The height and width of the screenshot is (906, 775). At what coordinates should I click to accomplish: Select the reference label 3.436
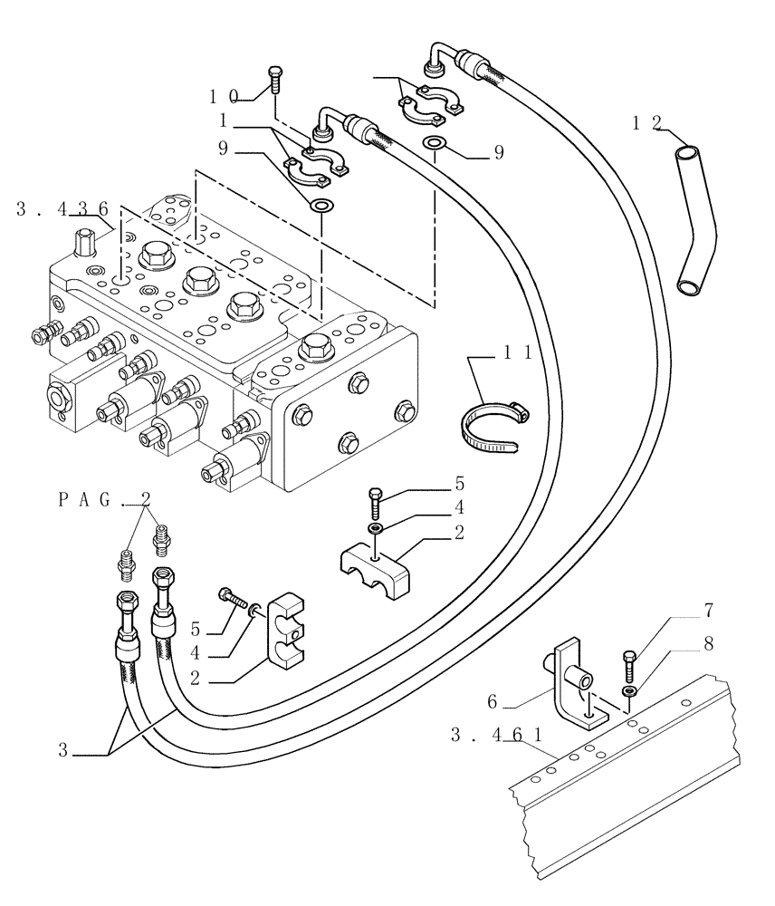[62, 209]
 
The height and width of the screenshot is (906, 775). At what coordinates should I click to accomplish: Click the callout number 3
[62, 749]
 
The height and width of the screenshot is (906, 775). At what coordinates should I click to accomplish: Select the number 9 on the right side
[499, 153]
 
